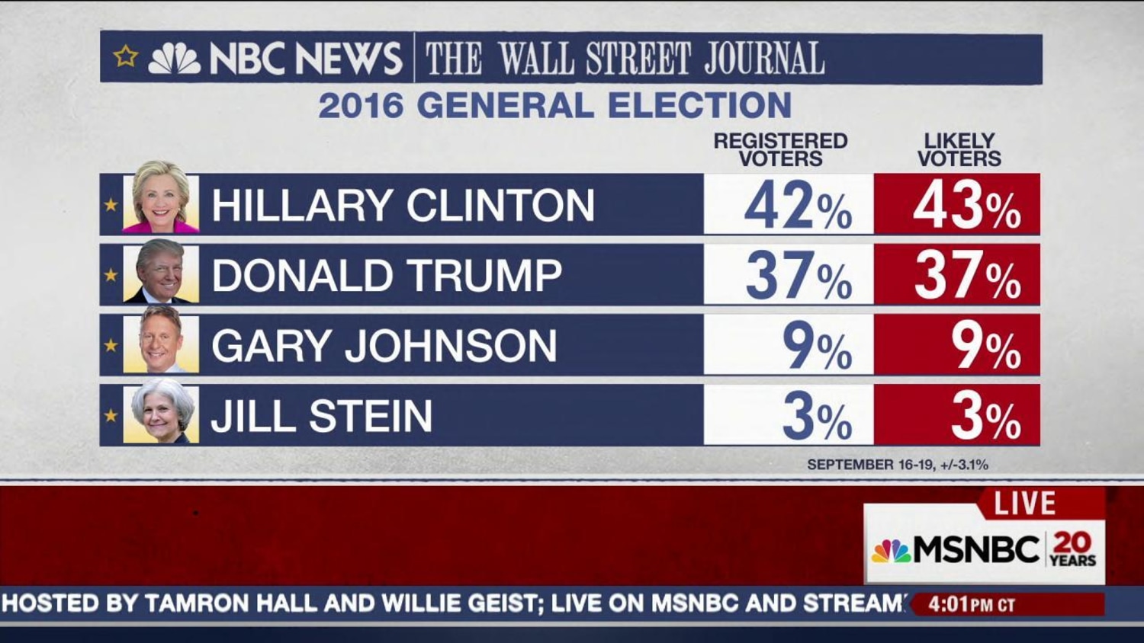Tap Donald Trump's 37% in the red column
966,276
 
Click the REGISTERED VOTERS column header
780,149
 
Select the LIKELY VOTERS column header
959,149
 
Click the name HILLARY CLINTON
403,206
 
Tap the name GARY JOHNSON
384,346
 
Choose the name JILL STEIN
321,416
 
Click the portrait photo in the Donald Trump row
161,273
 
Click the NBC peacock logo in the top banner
174,59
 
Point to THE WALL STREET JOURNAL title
625,59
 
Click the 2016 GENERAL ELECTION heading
554,105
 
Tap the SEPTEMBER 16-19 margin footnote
897,465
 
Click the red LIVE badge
1025,504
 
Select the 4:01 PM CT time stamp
972,605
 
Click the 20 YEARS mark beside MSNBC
1072,549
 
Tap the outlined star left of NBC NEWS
126,56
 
